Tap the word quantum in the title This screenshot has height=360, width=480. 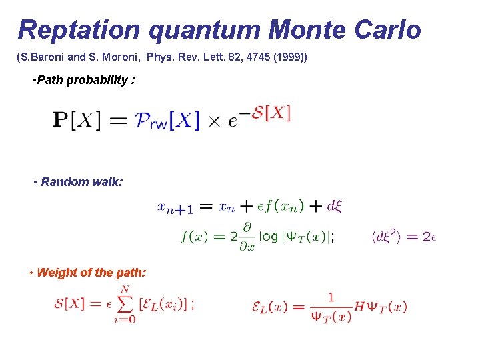tap(204, 30)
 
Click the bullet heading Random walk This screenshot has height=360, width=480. tap(81, 181)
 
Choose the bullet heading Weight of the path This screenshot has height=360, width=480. tap(91, 272)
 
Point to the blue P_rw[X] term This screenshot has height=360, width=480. tap(167, 121)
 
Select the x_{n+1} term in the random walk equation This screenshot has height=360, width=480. tap(175, 207)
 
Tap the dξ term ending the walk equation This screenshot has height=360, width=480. tap(335, 206)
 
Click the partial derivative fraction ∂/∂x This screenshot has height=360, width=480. tap(247, 236)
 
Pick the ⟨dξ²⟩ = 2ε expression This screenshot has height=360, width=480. tap(404, 236)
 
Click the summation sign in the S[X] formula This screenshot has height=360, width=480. tap(125, 304)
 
